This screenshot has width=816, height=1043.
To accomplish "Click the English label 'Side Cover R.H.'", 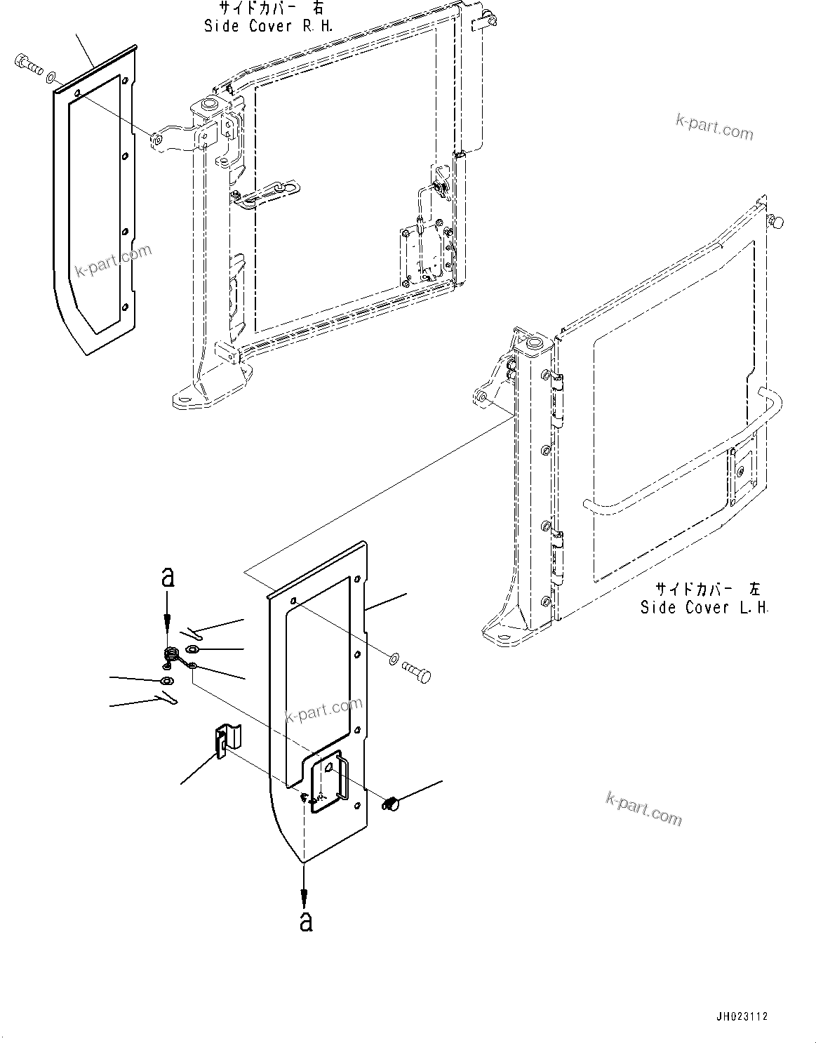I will click(x=268, y=27).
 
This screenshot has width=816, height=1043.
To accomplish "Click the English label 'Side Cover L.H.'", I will click(x=704, y=608).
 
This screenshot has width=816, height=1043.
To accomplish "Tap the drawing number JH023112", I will click(x=742, y=1016).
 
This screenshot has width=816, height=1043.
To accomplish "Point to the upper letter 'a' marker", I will click(x=167, y=578).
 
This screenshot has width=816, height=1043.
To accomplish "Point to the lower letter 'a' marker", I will click(x=305, y=920).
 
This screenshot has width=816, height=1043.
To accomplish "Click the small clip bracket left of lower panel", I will click(x=224, y=743).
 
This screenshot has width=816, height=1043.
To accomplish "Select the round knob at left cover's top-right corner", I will click(x=776, y=222).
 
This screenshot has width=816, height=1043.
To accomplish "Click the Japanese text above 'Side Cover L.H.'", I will click(x=707, y=588).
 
